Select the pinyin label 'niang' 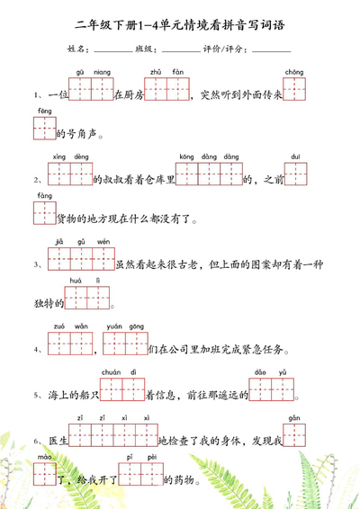tap(102, 71)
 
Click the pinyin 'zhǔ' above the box tap(155, 71)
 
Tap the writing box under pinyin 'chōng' tap(293, 89)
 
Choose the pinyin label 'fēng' tap(44, 111)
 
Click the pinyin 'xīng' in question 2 tap(59, 156)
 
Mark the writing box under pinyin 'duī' tap(296, 174)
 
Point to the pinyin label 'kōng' tap(186, 156)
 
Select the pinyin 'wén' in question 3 tap(103, 241)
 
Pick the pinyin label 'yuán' tap(114, 326)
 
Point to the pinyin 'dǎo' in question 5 tap(260, 372)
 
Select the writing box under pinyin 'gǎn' tap(293, 436)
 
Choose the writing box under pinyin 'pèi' tap(151, 475)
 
